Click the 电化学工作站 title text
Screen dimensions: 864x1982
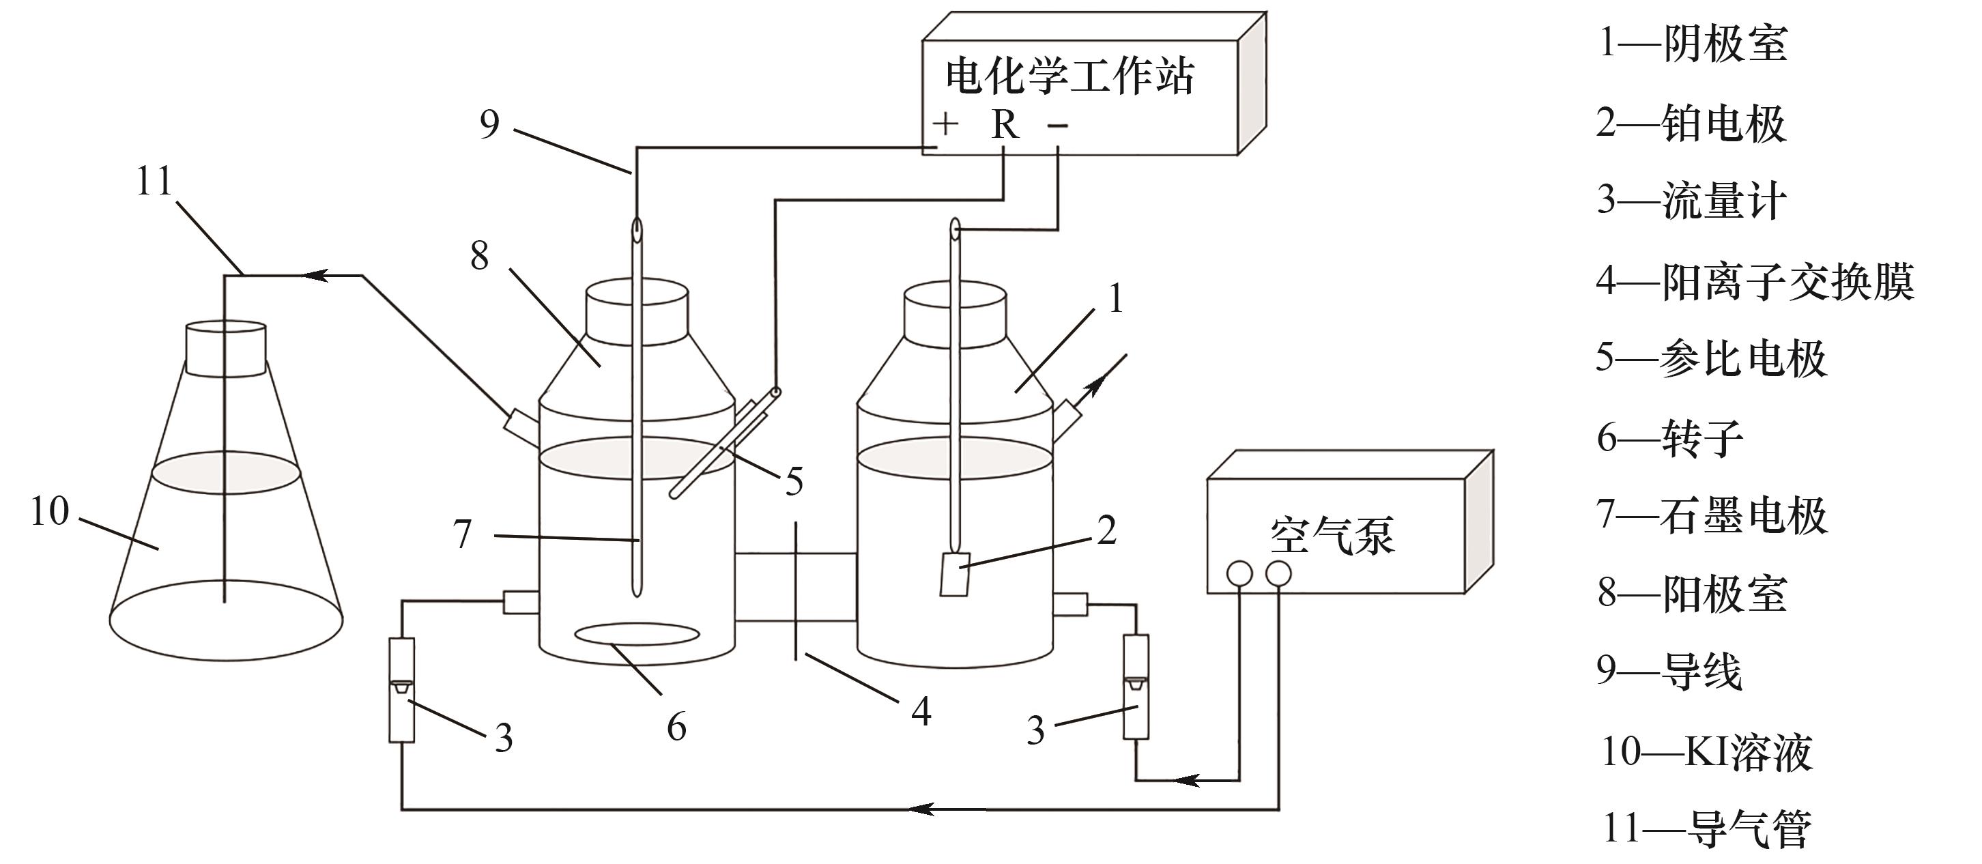[1069, 77]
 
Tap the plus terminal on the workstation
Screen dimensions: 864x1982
[945, 123]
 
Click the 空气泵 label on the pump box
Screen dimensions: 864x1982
[1332, 534]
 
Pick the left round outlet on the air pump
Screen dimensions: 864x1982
[1239, 573]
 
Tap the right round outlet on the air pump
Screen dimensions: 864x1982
[1278, 573]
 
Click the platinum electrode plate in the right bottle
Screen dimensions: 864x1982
[955, 573]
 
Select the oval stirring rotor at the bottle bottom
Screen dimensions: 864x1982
[637, 635]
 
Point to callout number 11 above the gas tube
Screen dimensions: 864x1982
[154, 182]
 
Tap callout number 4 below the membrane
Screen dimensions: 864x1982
[921, 711]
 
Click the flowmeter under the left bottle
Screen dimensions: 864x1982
[401, 689]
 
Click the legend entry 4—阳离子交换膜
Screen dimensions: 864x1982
[1754, 280]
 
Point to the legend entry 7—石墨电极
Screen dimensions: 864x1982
[1711, 515]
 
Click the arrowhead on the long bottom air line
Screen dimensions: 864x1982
[919, 809]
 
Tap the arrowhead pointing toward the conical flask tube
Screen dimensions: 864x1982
[315, 274]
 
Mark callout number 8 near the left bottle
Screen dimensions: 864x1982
[479, 255]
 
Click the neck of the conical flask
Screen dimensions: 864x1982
[226, 349]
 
